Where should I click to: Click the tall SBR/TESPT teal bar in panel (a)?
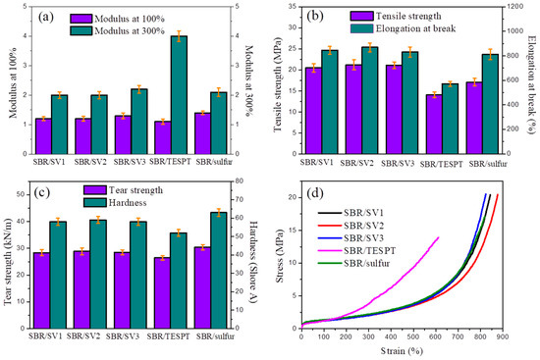[179, 94]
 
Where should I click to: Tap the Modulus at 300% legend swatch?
[81, 31]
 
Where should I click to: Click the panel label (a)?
[46, 17]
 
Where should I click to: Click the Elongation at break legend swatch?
[362, 28]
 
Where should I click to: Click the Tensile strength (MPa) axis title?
[278, 84]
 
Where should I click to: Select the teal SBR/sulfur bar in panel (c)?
[219, 270]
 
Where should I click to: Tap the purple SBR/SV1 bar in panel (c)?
[41, 290]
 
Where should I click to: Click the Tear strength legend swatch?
[94, 190]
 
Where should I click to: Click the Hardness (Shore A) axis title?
[253, 262]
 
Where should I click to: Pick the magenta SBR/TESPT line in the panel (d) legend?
[330, 251]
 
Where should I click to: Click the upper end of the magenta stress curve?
[439, 237]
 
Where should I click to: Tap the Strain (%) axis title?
[402, 351]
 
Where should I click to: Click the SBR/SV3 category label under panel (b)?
[398, 164]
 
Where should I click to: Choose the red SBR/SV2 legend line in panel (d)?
[330, 226]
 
